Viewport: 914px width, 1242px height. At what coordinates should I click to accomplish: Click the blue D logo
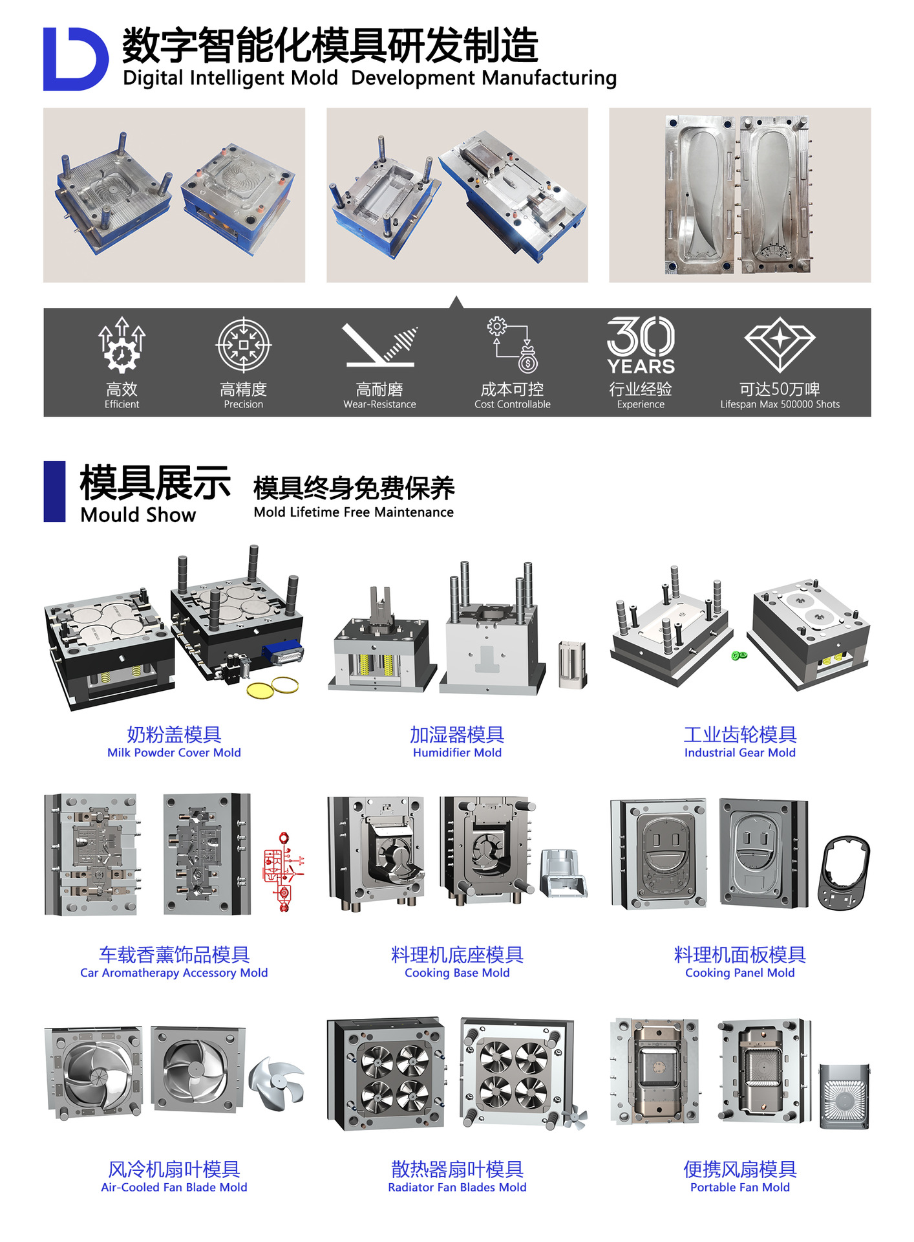point(75,59)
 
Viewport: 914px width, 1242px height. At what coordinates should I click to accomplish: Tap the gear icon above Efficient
point(122,345)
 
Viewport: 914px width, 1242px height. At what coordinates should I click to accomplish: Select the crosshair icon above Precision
point(243,345)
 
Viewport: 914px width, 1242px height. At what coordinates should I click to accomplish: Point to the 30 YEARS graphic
point(641,345)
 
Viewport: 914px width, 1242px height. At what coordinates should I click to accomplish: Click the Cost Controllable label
point(513,404)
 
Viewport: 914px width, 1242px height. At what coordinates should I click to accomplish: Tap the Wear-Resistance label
point(379,404)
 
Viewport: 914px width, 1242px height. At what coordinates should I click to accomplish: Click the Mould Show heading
point(138,515)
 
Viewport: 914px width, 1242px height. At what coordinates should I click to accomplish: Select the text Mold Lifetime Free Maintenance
point(354,512)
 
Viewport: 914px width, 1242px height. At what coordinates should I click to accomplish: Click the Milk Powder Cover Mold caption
point(174,752)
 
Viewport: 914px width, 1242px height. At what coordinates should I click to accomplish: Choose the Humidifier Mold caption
point(457,752)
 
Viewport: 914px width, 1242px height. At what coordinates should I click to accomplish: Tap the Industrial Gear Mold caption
point(740,752)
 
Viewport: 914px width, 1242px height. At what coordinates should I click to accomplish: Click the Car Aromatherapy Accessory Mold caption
point(174,973)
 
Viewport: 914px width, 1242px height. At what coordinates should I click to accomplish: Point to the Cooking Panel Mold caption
point(740,973)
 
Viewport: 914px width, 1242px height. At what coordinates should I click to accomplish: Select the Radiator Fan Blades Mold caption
point(457,1188)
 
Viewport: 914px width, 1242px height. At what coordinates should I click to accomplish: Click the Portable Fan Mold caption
point(740,1188)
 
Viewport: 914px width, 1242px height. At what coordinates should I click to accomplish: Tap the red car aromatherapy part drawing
point(283,872)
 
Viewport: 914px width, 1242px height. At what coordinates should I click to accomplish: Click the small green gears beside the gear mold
point(739,656)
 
